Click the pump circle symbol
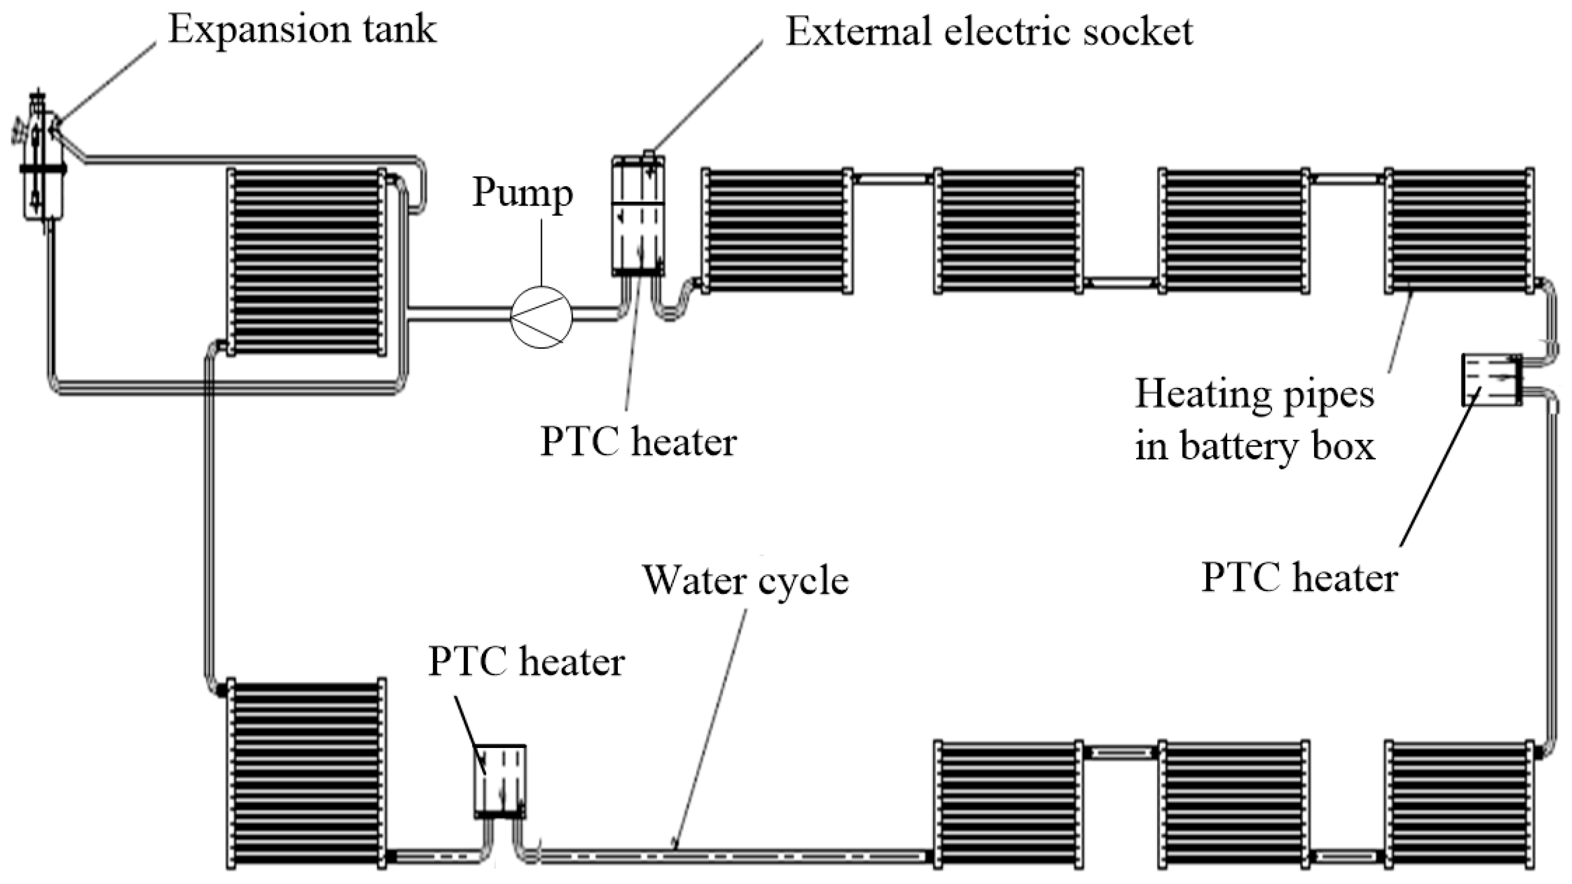pos(541,317)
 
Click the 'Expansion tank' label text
pos(302,28)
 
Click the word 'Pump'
pos(522,193)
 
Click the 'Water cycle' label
pos(746,580)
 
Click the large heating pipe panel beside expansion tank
pos(306,261)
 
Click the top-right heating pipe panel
pos(1459,230)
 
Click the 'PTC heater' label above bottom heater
pos(526,661)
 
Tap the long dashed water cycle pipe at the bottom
pos(733,857)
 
